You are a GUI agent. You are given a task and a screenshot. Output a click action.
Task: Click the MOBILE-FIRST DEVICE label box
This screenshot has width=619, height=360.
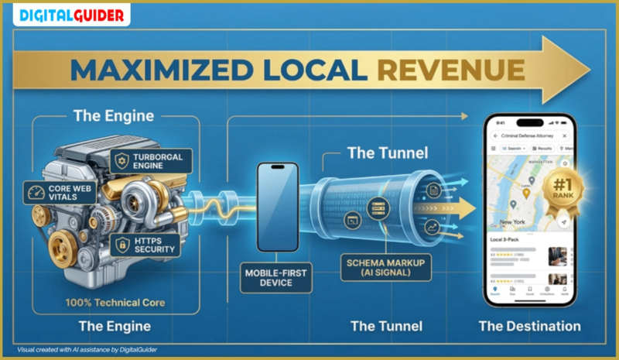(277, 277)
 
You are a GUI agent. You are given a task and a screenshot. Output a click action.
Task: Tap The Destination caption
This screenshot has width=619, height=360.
(529, 326)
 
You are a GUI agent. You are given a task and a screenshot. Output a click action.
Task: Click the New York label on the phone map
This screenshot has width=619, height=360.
(512, 222)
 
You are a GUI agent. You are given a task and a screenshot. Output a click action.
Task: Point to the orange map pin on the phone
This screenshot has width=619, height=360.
(526, 193)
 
